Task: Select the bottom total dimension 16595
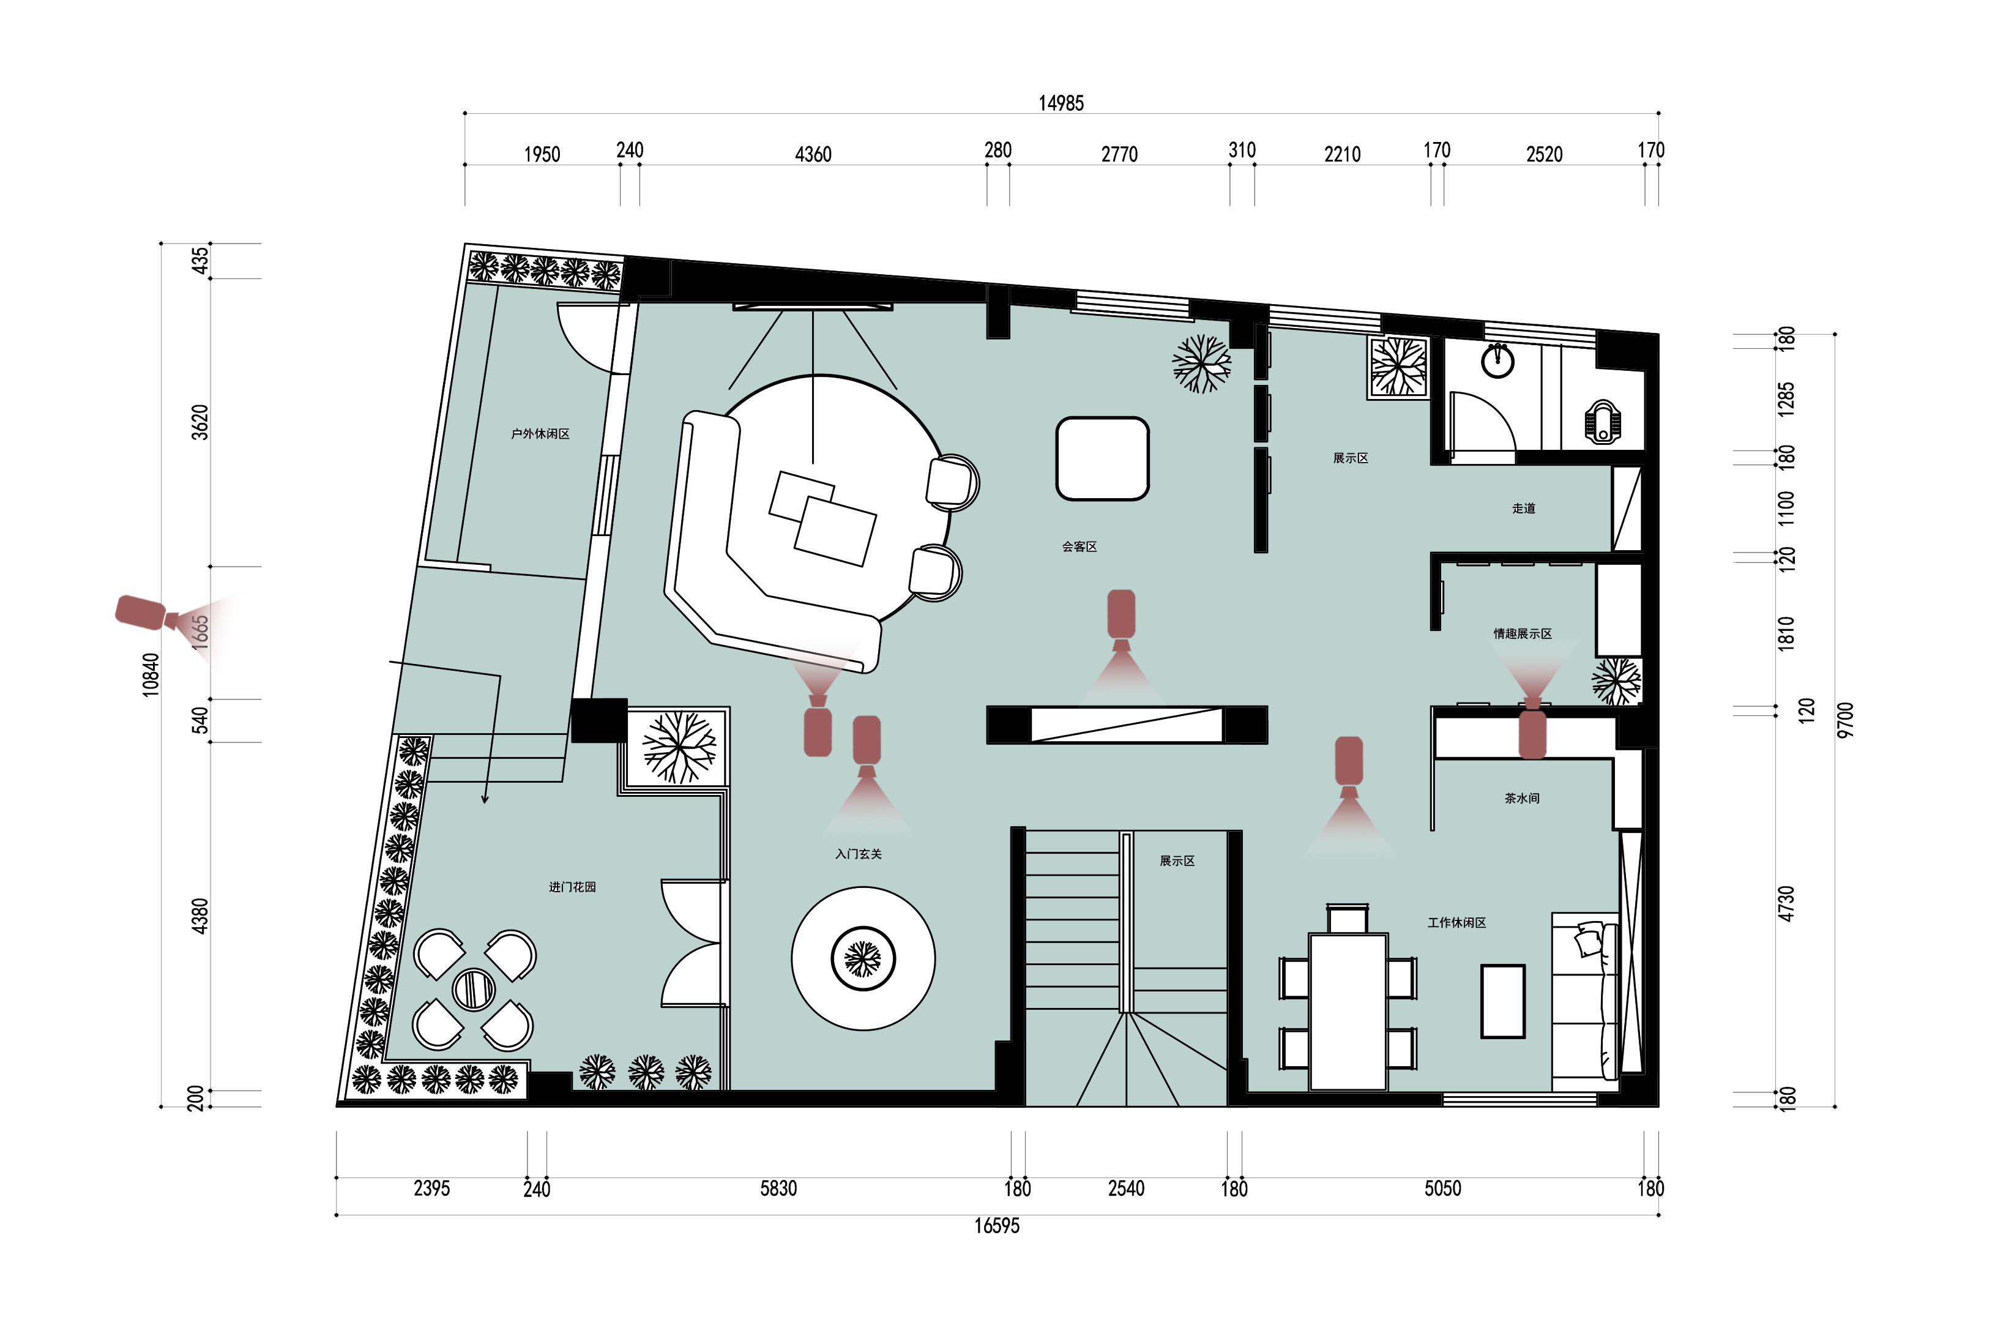tap(997, 1226)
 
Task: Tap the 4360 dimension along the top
tap(813, 154)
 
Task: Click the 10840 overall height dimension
tap(151, 674)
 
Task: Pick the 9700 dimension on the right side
tap(1846, 719)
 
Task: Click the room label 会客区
tap(1079, 546)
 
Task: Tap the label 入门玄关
tap(858, 854)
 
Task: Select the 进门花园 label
tap(572, 887)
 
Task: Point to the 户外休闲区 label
tap(540, 434)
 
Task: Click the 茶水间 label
tap(1522, 798)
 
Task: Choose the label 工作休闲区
tap(1456, 922)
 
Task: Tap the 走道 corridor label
tap(1523, 508)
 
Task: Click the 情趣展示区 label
tap(1523, 633)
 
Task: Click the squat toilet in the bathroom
tap(1603, 422)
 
